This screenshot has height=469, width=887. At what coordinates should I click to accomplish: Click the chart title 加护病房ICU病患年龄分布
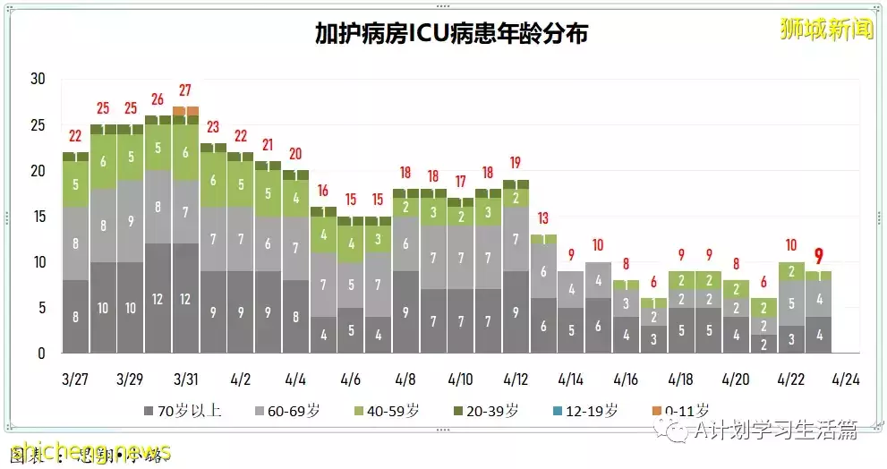coord(451,34)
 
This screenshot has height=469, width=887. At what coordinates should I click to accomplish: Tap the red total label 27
coord(185,90)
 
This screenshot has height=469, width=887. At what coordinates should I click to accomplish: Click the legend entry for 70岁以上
coord(179,412)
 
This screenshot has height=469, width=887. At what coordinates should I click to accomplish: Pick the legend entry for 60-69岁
coord(284,412)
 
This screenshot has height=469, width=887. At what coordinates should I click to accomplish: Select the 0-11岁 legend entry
coord(683,412)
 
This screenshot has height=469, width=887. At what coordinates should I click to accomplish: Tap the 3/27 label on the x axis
coord(75,379)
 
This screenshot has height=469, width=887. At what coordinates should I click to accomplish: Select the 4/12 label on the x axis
coord(516,379)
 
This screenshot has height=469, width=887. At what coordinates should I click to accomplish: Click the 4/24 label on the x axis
coord(846,379)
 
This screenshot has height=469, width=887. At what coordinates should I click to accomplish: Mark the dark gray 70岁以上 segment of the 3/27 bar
coord(75,316)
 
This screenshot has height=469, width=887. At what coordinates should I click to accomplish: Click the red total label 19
coord(516,163)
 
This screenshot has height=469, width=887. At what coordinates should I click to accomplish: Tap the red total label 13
coord(543,217)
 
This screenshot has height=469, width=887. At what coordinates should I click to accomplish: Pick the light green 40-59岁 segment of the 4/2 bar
coord(240,183)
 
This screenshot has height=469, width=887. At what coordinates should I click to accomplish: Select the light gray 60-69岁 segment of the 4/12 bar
coord(516,239)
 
